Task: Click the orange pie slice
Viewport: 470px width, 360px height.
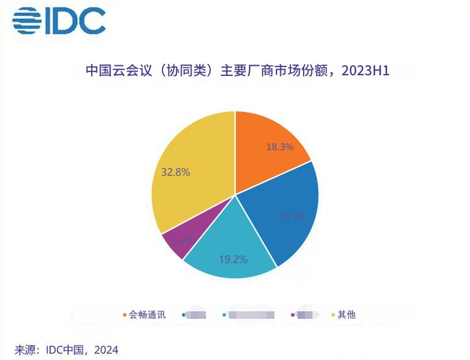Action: click(x=269, y=149)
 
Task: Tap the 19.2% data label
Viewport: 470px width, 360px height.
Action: click(x=233, y=259)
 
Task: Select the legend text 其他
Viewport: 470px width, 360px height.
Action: click(x=347, y=314)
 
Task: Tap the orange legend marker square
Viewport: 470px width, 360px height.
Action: click(x=124, y=314)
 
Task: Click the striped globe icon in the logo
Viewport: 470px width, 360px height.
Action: click(x=27, y=21)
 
